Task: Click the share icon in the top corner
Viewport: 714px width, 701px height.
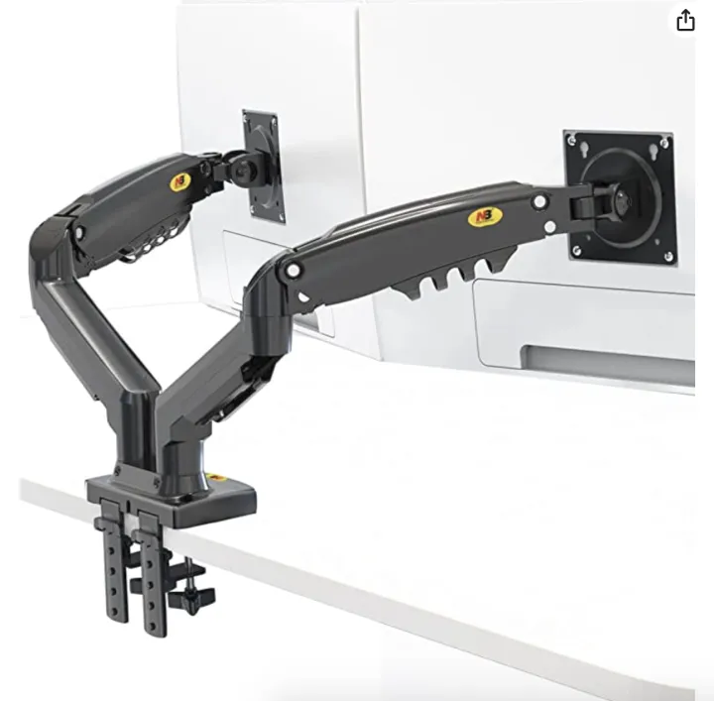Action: click(x=686, y=21)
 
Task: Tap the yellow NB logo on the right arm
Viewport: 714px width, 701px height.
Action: click(x=480, y=216)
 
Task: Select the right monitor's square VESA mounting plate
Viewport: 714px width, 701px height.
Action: click(x=621, y=195)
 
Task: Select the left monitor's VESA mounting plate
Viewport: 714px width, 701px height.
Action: click(x=264, y=165)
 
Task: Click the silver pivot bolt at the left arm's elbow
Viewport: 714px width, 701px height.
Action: click(x=78, y=234)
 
